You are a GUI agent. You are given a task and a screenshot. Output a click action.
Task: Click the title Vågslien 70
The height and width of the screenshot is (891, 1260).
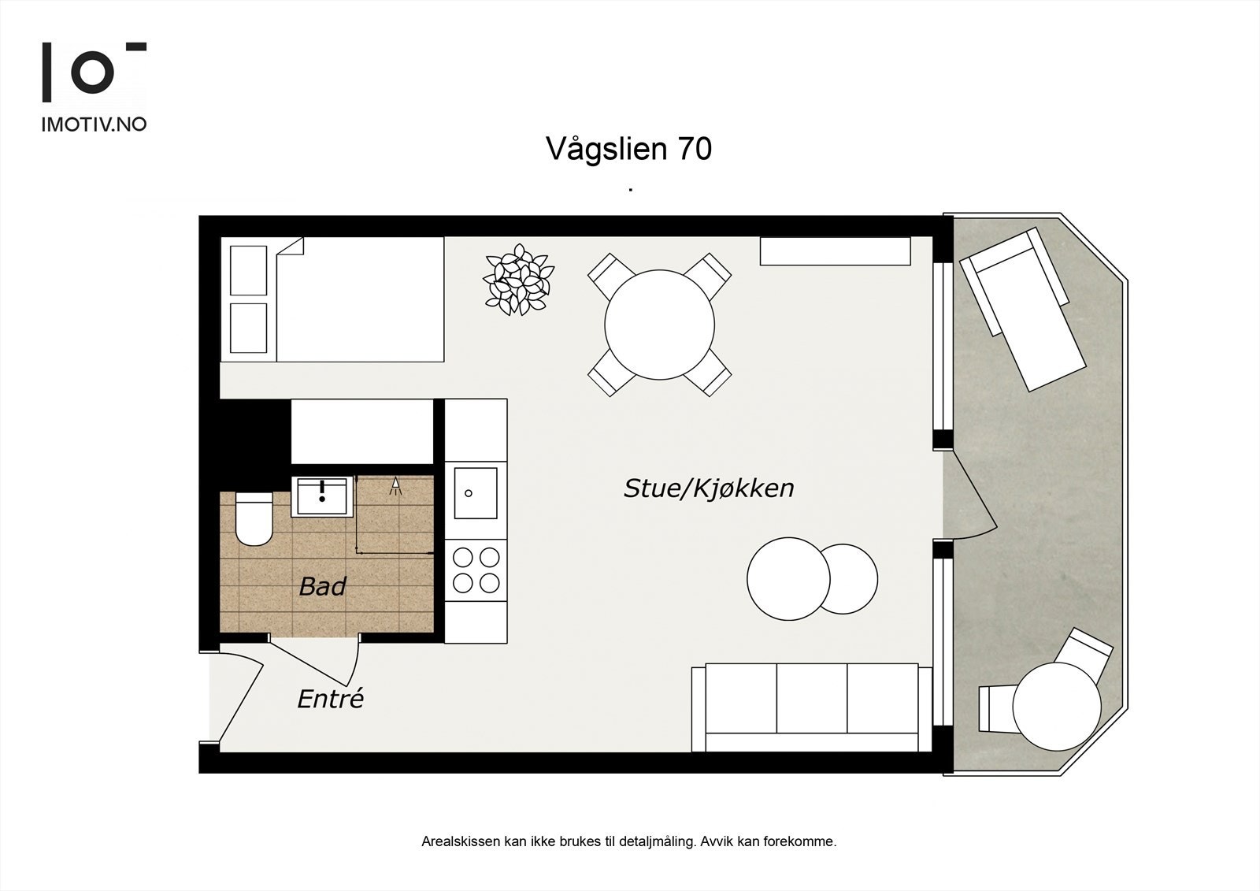(629, 149)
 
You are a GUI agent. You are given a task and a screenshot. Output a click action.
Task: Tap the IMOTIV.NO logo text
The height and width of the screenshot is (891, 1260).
(94, 125)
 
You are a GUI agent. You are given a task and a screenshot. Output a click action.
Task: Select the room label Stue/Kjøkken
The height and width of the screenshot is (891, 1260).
(709, 488)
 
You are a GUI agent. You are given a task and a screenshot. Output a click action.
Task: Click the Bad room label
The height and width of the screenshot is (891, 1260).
(322, 586)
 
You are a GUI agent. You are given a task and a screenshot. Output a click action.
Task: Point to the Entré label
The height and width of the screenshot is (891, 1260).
(331, 699)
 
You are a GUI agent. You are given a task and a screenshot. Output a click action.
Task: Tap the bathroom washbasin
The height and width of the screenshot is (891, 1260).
(322, 496)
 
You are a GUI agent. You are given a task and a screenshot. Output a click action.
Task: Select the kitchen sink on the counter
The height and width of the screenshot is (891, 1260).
(476, 493)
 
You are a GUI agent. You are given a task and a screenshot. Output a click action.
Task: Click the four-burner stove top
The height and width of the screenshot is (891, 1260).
(476, 570)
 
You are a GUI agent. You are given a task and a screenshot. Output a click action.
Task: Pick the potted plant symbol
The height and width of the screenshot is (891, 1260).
(519, 280)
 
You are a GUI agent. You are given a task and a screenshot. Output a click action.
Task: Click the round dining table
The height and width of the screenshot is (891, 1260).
(659, 325)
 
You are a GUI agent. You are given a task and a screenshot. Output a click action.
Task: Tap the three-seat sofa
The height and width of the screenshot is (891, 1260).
(811, 707)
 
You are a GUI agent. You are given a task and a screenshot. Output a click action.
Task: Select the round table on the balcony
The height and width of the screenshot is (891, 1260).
(1057, 707)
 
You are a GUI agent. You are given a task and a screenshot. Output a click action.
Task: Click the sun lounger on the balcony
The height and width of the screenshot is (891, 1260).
(1022, 310)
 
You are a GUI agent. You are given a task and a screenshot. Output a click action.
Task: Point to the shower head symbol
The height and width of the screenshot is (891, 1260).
(396, 486)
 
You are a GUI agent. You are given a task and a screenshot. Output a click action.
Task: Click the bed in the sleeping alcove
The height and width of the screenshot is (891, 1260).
(332, 299)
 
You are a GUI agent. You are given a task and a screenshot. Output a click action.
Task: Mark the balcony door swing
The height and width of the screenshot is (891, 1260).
(969, 495)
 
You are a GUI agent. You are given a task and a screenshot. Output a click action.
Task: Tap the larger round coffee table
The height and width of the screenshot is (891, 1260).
(788, 578)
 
